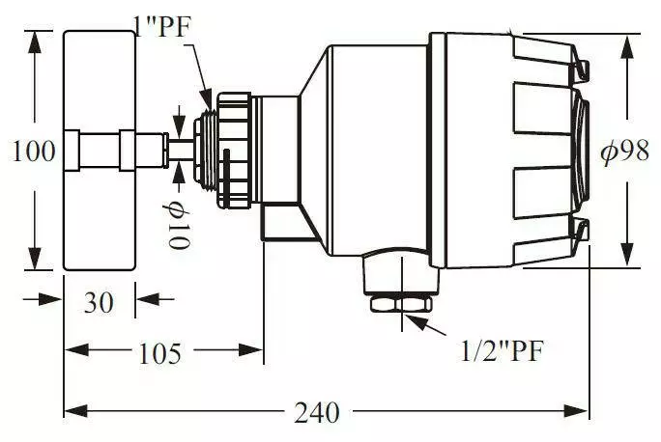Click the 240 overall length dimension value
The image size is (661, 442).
[317, 412]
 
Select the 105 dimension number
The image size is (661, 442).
[159, 353]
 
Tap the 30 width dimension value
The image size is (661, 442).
[99, 302]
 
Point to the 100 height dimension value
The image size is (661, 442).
[33, 152]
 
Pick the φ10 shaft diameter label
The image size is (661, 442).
[177, 226]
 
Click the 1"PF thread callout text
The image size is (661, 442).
[163, 27]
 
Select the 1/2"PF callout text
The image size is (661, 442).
[502, 350]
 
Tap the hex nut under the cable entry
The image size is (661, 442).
[401, 304]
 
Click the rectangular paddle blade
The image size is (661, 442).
[100, 151]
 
